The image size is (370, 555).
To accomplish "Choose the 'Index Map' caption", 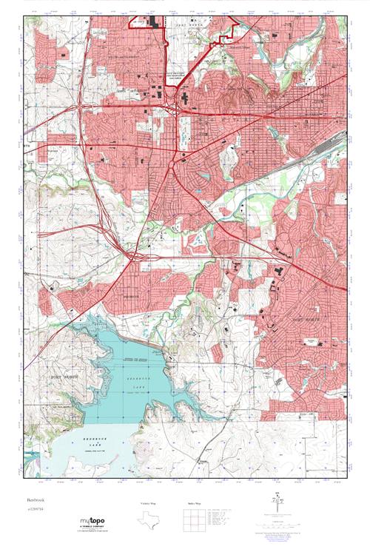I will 193,503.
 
